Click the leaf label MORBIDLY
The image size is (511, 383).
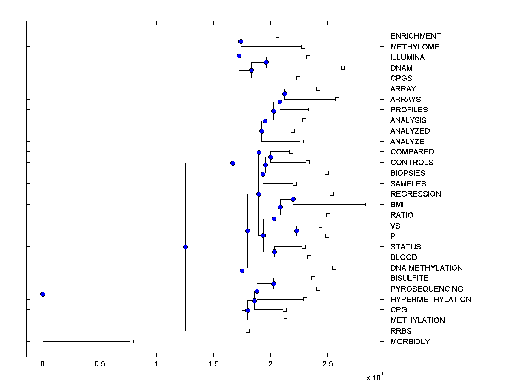tap(410, 342)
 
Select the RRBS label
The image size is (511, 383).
tap(401, 331)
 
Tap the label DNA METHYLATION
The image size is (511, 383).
tap(426, 268)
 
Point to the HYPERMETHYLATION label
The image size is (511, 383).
tap(431, 300)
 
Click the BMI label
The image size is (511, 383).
tap(397, 205)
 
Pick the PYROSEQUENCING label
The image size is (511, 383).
tap(427, 289)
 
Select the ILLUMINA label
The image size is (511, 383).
tap(407, 57)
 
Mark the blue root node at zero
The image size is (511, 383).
tap(43, 294)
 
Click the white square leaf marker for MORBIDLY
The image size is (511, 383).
tap(132, 341)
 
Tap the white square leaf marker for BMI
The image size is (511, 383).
tap(367, 204)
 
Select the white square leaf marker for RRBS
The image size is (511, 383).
tap(247, 331)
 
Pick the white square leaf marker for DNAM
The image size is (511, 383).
tap(343, 68)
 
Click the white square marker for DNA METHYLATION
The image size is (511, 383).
tap(334, 268)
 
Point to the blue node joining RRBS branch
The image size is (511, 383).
tap(185, 247)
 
